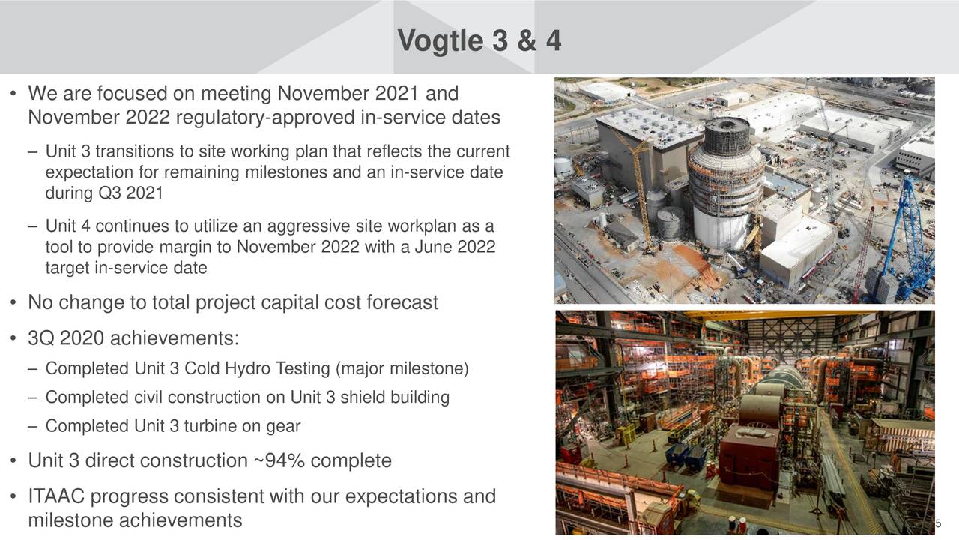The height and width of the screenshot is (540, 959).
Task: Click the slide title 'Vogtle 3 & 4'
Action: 479,40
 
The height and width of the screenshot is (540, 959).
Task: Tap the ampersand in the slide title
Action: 526,40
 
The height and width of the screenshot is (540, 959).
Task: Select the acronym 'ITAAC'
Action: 56,496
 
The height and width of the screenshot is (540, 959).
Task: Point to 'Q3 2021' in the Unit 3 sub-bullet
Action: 131,193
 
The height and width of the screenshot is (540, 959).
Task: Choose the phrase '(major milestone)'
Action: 402,368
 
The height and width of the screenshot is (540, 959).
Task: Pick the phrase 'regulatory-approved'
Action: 265,118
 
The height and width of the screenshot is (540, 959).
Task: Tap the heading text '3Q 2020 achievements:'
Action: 133,338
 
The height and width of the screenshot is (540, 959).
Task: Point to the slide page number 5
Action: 938,523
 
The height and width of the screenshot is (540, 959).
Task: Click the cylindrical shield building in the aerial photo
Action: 726,184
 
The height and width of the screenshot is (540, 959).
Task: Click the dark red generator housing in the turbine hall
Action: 749,457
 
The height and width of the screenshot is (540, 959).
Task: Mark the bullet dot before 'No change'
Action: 13,302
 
